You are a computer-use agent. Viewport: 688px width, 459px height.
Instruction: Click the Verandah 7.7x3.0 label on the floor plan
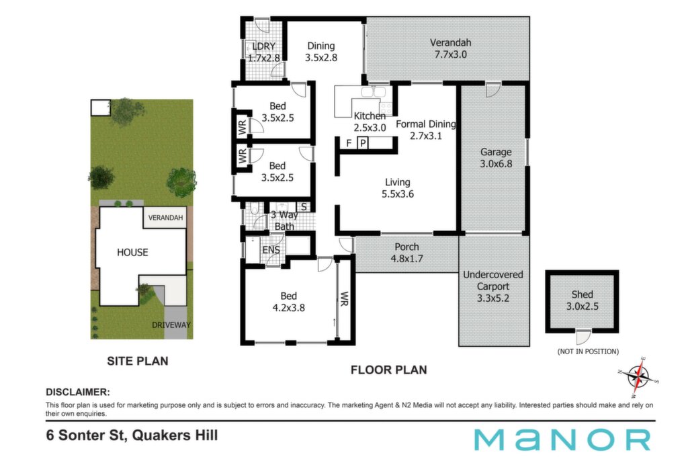point(451,48)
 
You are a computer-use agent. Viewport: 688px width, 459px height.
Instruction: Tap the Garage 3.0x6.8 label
point(496,158)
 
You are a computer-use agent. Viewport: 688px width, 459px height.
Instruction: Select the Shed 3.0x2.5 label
point(583,300)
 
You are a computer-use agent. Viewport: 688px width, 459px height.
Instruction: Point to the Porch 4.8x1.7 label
point(406,253)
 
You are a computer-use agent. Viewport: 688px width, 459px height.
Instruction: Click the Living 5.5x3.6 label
point(398,188)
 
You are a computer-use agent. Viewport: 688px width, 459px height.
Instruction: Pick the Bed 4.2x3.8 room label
point(289,302)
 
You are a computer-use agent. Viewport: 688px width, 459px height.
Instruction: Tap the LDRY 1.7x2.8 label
point(263,52)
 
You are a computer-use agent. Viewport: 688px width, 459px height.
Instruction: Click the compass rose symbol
point(638,377)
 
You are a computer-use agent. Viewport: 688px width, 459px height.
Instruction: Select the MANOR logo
point(562,440)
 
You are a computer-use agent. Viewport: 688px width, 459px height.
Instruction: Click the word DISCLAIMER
point(78,392)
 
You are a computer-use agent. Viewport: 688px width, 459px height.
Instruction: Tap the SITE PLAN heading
point(138,361)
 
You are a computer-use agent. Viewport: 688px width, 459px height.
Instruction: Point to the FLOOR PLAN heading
point(389,370)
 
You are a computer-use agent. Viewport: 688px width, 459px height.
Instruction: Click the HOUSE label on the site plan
point(132,252)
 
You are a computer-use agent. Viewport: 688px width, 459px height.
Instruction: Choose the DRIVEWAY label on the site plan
point(171,325)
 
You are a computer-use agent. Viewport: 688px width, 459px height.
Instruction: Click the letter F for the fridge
point(349,143)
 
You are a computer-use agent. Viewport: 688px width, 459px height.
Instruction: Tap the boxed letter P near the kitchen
point(363,143)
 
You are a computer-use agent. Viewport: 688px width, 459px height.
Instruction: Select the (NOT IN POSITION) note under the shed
point(588,351)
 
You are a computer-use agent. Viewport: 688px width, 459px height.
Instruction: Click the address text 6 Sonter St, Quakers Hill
point(132,435)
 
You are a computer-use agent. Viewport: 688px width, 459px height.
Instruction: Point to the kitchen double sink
point(374,92)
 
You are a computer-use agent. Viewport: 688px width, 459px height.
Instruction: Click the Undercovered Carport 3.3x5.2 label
point(493,286)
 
